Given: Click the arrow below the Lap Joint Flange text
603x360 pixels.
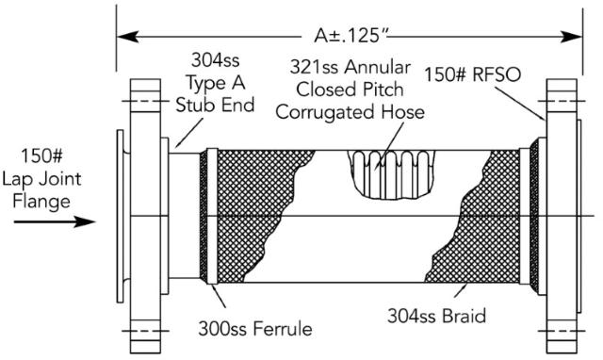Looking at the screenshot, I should coord(57,223).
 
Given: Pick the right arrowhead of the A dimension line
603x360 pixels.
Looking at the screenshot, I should coord(576,39).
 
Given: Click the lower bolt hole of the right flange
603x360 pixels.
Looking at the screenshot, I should coord(562,331).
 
